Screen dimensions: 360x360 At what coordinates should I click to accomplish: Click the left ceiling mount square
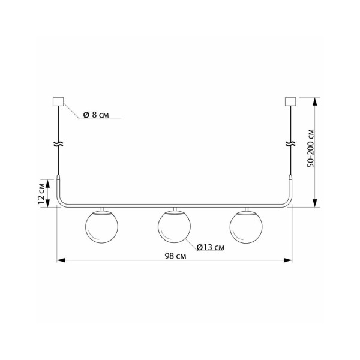[x=58, y=101]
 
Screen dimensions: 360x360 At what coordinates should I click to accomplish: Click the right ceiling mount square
[x=291, y=101]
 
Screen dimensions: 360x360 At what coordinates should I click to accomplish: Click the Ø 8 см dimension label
[x=96, y=114]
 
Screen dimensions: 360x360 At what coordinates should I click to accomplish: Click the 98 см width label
[x=173, y=256]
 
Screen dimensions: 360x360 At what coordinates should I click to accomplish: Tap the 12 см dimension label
[x=41, y=193]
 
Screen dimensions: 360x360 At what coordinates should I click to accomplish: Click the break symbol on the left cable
[x=58, y=145]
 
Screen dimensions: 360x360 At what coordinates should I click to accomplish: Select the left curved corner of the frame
[x=61, y=203]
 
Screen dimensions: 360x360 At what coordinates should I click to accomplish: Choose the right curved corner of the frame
[x=289, y=203]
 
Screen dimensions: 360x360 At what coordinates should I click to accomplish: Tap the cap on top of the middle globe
[x=175, y=210]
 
